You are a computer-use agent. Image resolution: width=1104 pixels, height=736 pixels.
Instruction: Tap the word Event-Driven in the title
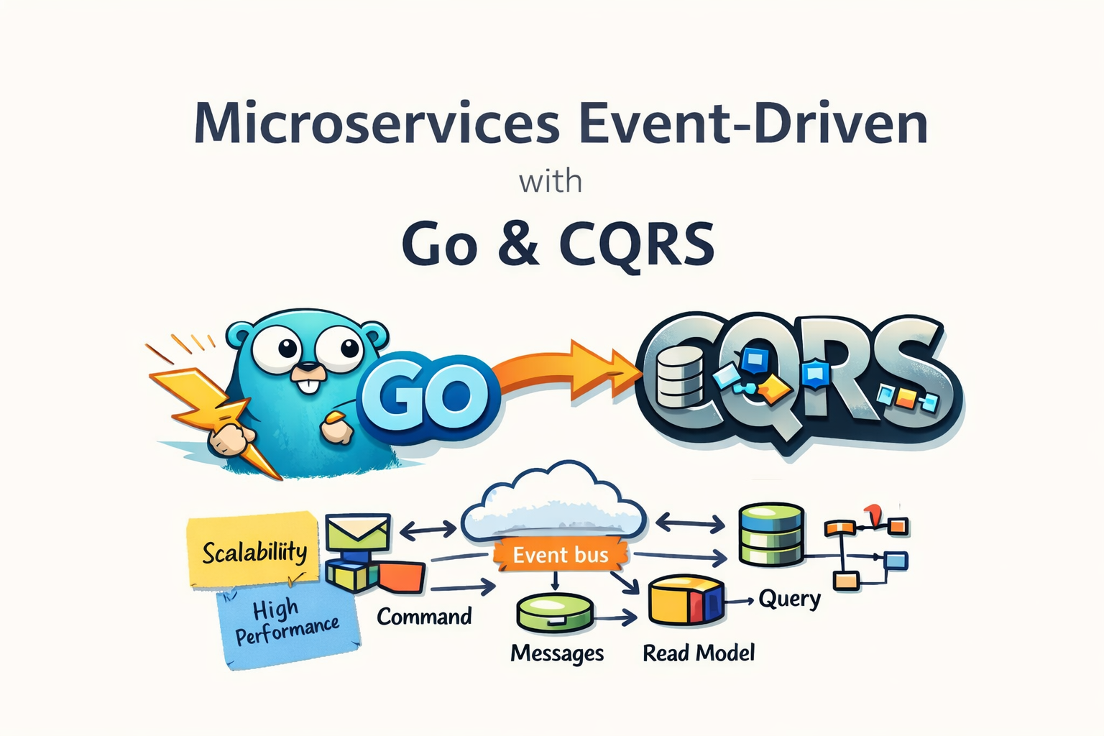[x=753, y=124]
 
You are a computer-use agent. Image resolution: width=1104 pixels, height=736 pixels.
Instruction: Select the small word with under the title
[x=551, y=181]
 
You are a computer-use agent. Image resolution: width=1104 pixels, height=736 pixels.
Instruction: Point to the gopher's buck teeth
[x=308, y=385]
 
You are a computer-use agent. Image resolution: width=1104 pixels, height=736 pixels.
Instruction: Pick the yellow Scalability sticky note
[x=254, y=550]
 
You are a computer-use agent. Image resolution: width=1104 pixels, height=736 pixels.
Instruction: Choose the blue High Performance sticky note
[x=287, y=622]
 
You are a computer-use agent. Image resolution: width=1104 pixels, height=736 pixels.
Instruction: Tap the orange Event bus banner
[x=561, y=555]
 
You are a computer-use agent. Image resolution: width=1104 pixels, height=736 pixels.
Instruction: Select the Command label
[x=424, y=617]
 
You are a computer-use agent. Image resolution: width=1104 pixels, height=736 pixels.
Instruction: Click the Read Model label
[x=699, y=653]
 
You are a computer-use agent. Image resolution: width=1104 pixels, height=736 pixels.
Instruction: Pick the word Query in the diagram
[x=789, y=599]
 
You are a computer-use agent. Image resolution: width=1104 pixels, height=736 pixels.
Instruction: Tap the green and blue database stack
[x=771, y=534]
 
